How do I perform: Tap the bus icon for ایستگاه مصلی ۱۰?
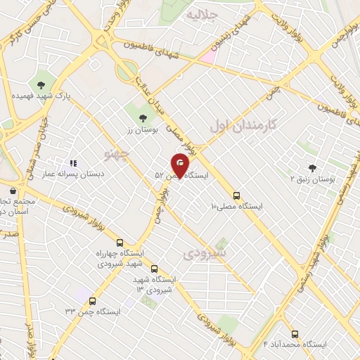point(236,196)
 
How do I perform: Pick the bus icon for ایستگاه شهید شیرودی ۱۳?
point(155,268)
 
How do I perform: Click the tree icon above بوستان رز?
point(143,117)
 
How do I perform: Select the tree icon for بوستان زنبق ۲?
point(312,167)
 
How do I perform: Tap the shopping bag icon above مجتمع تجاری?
point(12,190)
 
